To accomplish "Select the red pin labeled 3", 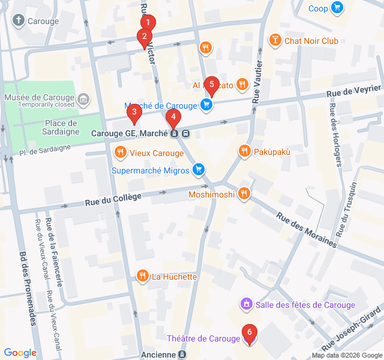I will [134, 112].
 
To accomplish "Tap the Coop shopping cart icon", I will [337, 8].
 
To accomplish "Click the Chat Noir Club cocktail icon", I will [275, 41].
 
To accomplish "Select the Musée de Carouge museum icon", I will [83, 98].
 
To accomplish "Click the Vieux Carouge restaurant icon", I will [121, 152].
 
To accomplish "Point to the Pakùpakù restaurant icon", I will [244, 151].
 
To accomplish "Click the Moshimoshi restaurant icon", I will [243, 193].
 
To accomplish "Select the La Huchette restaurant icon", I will [142, 276].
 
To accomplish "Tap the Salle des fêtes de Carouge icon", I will [246, 305].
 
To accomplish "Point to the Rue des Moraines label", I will [306, 229].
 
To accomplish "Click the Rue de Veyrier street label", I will [353, 91].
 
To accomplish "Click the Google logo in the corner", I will [20, 353].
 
